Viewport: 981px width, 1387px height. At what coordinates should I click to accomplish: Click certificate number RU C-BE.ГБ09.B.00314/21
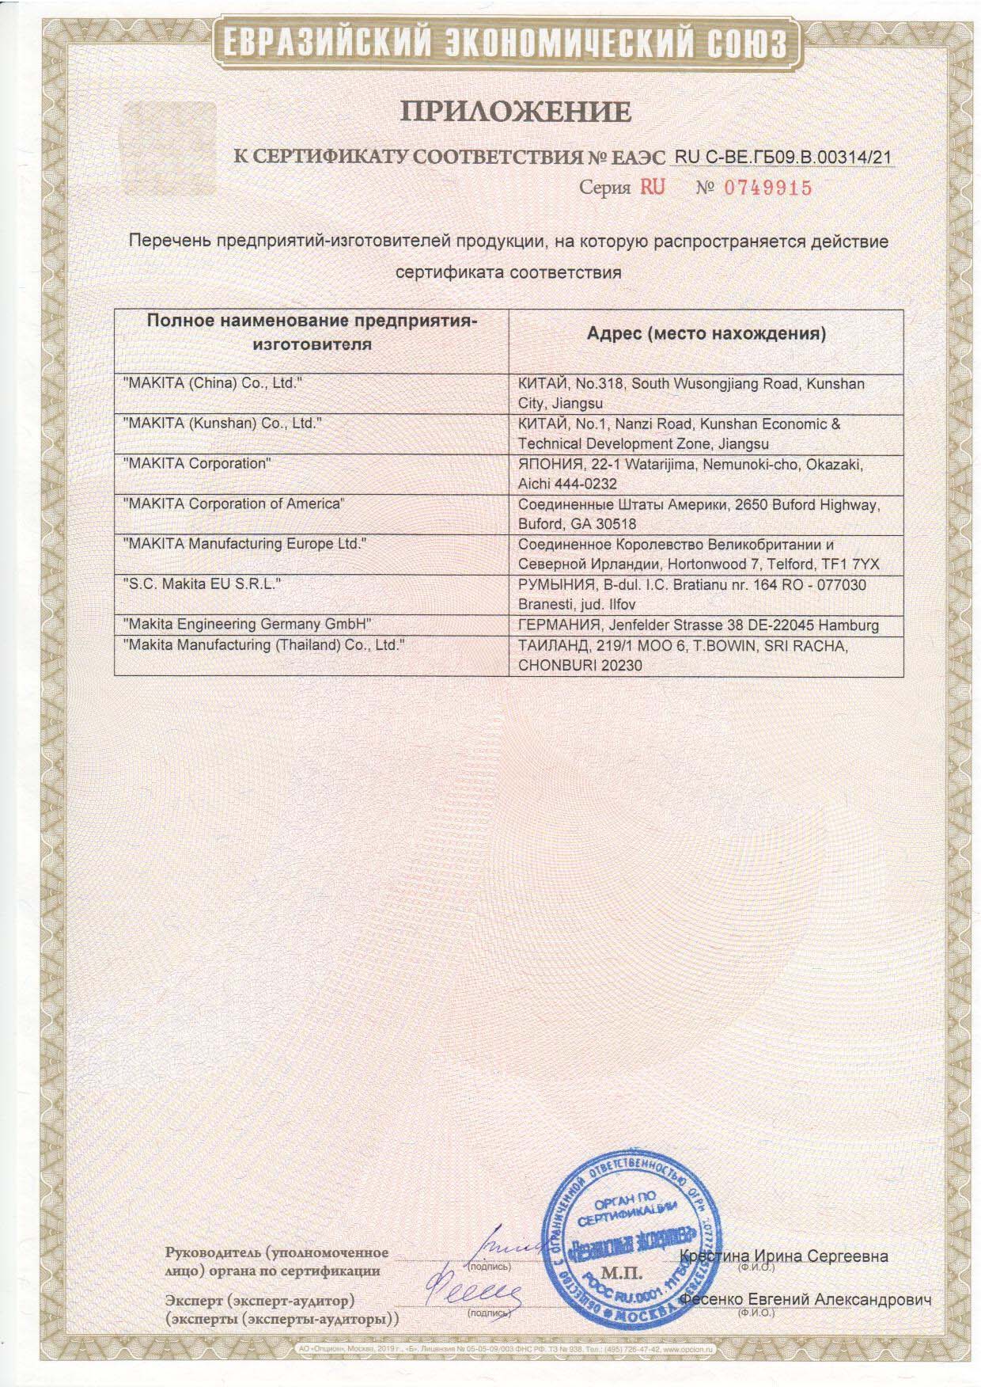(x=782, y=157)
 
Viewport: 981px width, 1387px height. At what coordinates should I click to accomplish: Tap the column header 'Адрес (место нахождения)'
(x=706, y=333)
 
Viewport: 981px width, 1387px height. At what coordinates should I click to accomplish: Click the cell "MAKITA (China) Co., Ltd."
(x=214, y=383)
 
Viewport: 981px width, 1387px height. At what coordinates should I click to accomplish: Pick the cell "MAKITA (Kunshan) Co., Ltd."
(x=223, y=424)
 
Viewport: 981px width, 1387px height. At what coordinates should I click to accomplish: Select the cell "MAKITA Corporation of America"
(x=234, y=503)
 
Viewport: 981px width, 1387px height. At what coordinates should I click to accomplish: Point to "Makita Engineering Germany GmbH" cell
(x=248, y=625)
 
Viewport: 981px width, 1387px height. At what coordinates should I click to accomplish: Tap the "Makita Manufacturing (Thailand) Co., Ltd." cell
(x=264, y=645)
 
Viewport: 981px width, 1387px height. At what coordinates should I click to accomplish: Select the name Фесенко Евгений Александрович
(x=805, y=1300)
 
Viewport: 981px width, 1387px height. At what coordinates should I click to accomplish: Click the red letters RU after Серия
(x=653, y=187)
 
